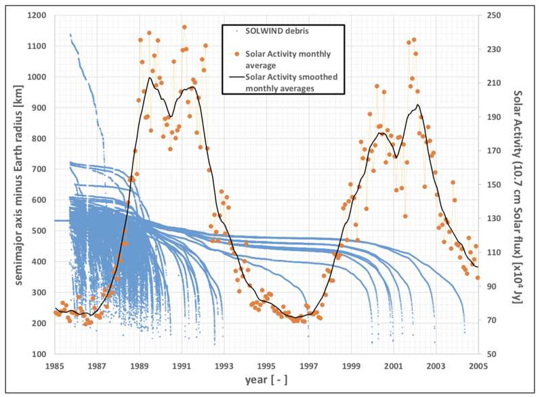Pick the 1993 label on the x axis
[x=224, y=366]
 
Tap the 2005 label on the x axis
[x=478, y=366]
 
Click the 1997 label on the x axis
[x=309, y=366]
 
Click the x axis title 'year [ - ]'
[x=266, y=381]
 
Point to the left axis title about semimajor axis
[x=12, y=184]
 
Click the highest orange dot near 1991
[x=184, y=28]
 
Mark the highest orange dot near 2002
[x=414, y=40]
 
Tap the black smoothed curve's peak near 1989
[x=149, y=78]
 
